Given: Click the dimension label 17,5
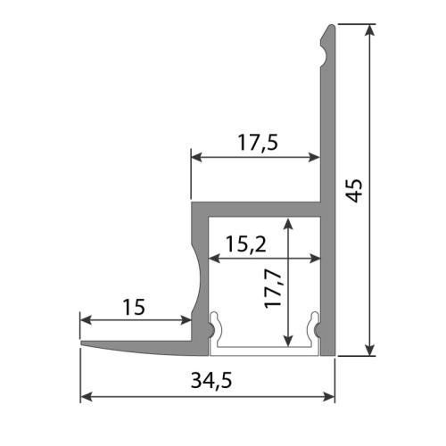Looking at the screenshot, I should pyautogui.click(x=255, y=142).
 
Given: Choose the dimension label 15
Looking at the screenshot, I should pyautogui.click(x=134, y=308).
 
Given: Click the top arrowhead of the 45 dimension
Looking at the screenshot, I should pyautogui.click(x=369, y=29).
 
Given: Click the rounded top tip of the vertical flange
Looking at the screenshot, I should pyautogui.click(x=328, y=29).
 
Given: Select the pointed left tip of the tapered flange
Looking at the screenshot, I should pyautogui.click(x=83, y=343).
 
